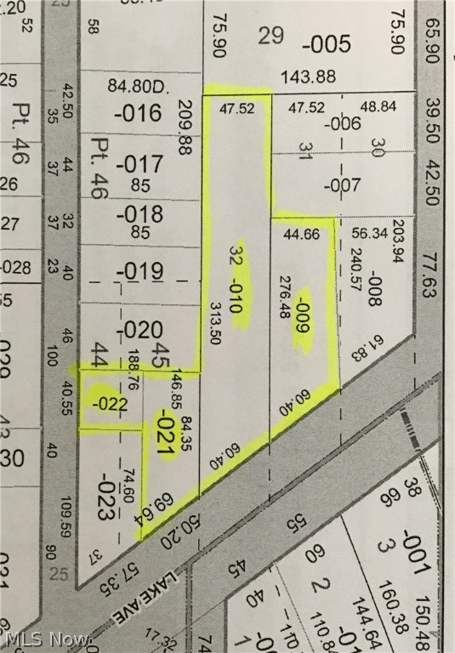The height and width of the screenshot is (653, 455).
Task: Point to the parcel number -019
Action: coord(139,272)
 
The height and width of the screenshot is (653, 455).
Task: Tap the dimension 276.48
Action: coord(285,299)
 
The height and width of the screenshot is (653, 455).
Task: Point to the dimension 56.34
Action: coord(369,235)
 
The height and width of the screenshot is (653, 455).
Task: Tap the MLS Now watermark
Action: coord(46,638)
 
